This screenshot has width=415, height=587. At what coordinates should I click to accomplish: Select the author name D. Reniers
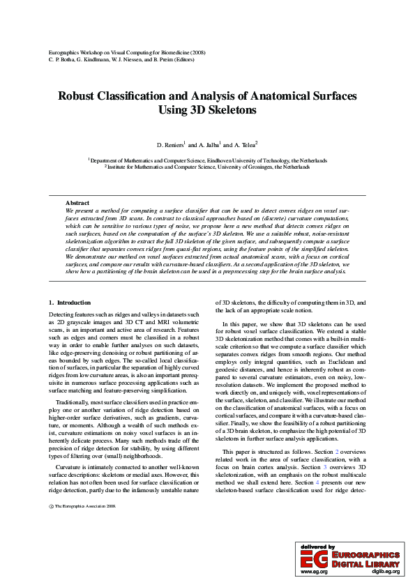coord(169,145)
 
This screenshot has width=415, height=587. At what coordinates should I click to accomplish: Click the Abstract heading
coord(77,202)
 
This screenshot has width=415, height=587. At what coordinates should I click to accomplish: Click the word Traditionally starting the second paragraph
coord(73,403)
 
